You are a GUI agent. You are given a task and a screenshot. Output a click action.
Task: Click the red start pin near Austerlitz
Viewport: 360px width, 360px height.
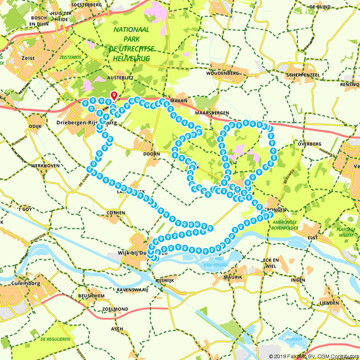[x=114, y=95]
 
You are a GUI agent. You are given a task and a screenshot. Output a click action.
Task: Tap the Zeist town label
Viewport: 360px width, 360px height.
[x=28, y=58]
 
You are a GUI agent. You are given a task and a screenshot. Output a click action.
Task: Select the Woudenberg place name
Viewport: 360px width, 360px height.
[x=222, y=73]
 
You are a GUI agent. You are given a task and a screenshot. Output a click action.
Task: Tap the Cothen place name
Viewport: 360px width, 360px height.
[x=116, y=213]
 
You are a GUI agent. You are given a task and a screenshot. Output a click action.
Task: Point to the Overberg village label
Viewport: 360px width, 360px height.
[x=310, y=144]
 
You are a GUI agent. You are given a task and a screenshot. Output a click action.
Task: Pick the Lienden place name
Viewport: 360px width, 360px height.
[x=329, y=303]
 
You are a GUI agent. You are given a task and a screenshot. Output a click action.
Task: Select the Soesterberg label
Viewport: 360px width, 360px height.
[x=86, y=5]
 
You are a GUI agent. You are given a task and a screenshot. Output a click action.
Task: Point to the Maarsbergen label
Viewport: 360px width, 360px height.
[x=212, y=113]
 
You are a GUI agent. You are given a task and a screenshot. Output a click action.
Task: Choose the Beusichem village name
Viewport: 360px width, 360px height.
[x=91, y=296]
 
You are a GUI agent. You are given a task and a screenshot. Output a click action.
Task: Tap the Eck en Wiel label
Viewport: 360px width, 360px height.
[x=271, y=263]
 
